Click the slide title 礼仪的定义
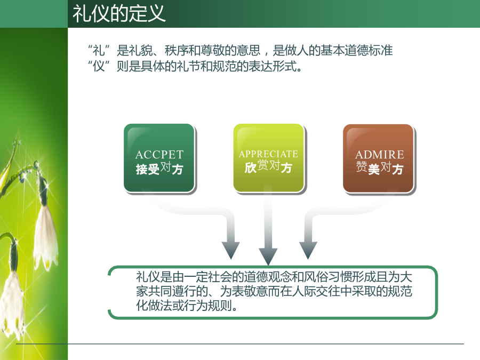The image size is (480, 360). coord(119,13)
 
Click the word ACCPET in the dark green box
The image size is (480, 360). coord(159,155)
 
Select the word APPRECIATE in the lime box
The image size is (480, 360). coord(268,154)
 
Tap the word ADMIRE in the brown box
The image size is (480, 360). coord(379,155)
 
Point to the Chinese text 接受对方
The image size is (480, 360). coord(159,169)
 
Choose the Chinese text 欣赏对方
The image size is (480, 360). coord(268,167)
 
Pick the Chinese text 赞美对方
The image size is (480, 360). coord(379,169)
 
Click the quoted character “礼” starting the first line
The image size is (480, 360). coord(99,51)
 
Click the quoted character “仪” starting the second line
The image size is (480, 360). coord(99,66)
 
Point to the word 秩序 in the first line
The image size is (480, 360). coord(177,51)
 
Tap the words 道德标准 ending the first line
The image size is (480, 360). coord(369,51)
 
